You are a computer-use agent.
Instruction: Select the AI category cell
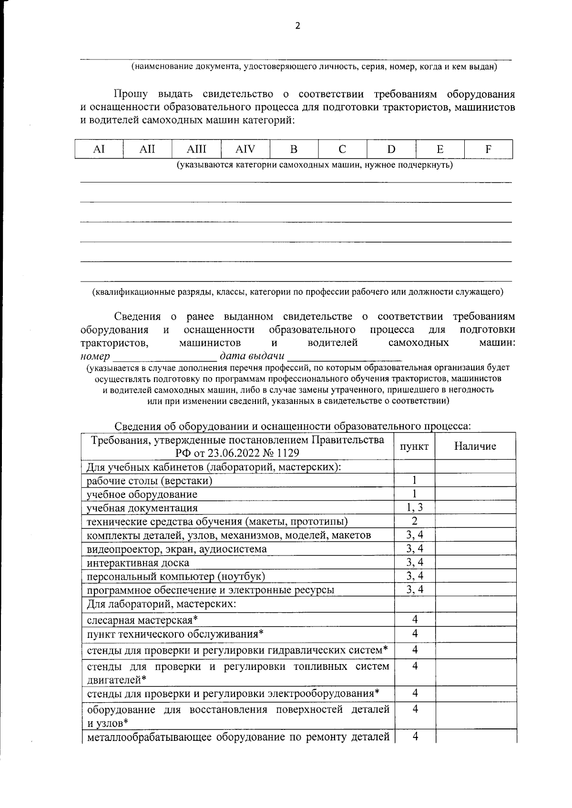point(99,149)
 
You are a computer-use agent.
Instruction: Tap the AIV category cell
point(245,149)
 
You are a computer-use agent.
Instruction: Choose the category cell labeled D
point(391,149)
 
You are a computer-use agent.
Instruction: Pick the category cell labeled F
point(488,149)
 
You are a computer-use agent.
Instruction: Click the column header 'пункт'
point(414,446)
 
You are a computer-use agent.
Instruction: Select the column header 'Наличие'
point(475,446)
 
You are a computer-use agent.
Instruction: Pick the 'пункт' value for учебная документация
point(414,507)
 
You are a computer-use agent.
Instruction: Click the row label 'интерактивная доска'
point(138,563)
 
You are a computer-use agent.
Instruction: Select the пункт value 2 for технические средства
point(414,521)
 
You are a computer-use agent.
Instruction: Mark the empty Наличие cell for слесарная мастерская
point(475,620)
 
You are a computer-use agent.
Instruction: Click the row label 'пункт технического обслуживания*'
point(175,634)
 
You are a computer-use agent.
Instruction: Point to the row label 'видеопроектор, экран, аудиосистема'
point(176,549)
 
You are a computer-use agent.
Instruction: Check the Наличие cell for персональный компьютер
point(475,576)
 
